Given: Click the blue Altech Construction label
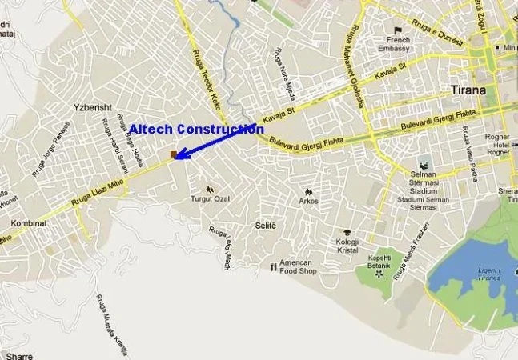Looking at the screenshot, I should pyautogui.click(x=196, y=129).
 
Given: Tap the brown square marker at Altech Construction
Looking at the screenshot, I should pyautogui.click(x=173, y=154).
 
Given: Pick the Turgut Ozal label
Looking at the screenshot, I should pyautogui.click(x=209, y=198).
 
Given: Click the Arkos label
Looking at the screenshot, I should pyautogui.click(x=308, y=201).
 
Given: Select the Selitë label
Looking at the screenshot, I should pyautogui.click(x=265, y=226).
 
